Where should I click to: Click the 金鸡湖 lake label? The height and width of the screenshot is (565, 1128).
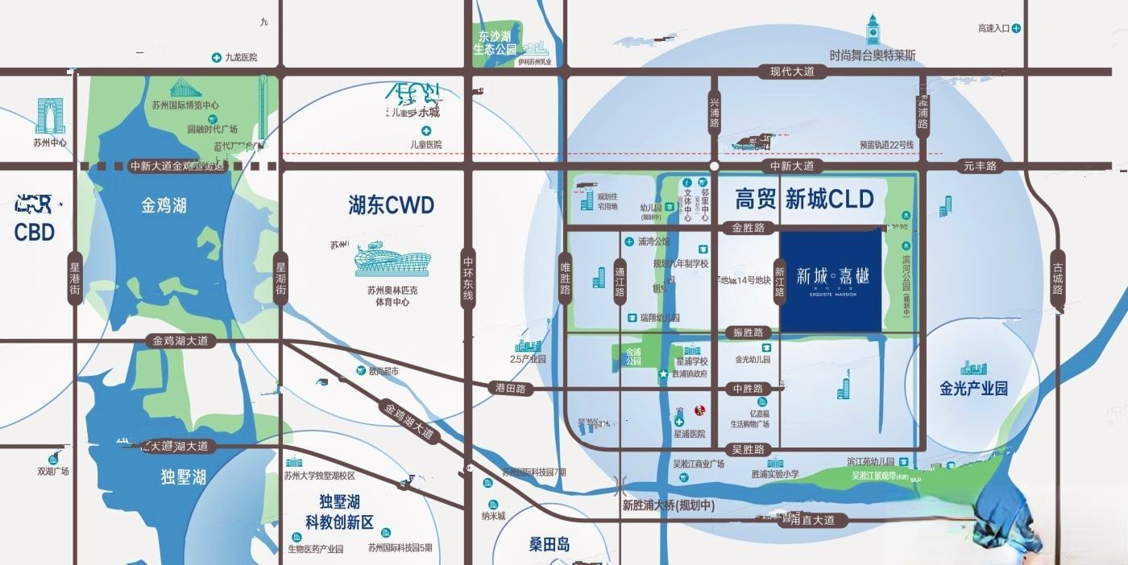pos(164,206)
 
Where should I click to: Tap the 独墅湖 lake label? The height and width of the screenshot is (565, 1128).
pos(183,476)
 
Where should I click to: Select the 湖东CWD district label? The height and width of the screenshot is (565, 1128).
pos(392,205)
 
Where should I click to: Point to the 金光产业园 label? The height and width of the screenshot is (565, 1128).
pos(973,389)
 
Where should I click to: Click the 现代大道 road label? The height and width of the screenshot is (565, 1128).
pos(792,72)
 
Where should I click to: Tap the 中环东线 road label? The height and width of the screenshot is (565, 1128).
pos(468,278)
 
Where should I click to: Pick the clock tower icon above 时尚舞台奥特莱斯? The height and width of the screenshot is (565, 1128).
pos(873,30)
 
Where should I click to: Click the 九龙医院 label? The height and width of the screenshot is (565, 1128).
pos(240,58)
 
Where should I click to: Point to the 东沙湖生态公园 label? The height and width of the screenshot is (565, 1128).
pos(494,43)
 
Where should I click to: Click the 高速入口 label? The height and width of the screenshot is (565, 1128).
pos(993,28)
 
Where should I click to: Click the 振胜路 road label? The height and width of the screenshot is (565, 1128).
pos(748,332)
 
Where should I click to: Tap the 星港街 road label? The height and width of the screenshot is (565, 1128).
pos(75,278)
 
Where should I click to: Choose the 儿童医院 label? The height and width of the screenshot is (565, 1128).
pos(426,144)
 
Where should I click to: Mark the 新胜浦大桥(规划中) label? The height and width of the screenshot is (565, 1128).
pos(669,505)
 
